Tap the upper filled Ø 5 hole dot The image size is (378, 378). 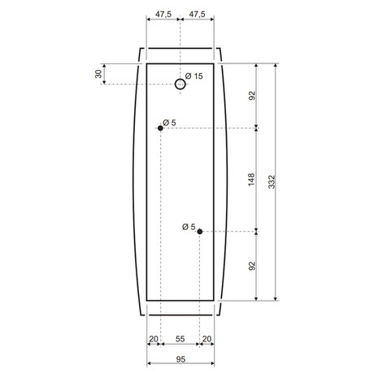160,128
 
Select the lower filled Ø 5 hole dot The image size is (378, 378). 200,232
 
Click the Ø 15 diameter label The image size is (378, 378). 194,76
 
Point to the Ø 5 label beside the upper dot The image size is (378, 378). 169,123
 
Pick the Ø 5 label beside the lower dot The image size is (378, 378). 189,227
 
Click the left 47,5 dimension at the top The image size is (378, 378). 163,14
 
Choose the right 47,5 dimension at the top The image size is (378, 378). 198,14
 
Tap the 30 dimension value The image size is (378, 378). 98,74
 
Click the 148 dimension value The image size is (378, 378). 251,180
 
